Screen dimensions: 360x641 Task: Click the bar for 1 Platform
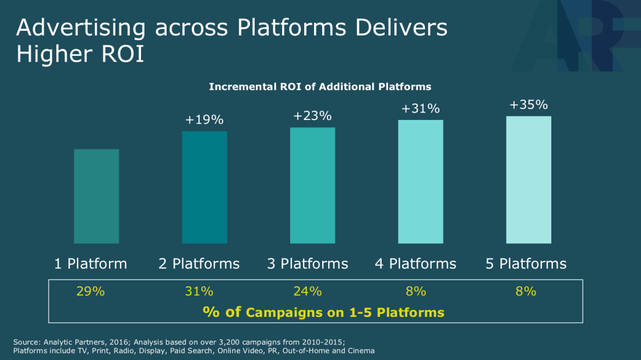[97, 196]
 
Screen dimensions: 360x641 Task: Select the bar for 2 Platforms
[205, 187]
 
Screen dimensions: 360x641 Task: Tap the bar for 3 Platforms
[312, 185]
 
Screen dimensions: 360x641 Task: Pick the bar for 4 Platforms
[421, 182]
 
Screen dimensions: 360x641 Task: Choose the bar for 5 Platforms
[529, 179]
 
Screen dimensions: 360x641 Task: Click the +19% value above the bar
[205, 120]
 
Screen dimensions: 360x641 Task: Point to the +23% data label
[312, 116]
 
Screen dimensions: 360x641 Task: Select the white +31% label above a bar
[421, 109]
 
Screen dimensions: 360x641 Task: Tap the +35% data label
[529, 105]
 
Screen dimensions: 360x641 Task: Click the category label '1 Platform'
[90, 264]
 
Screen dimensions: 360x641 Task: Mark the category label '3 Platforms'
[308, 264]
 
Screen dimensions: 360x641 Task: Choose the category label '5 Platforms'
[526, 264]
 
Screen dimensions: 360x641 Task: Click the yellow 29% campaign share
[90, 291]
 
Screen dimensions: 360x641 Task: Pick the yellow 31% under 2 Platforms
[199, 291]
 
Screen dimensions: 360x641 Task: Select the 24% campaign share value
[308, 291]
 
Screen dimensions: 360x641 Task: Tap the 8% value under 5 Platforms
[526, 291]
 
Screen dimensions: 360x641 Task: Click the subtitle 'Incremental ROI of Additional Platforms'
[320, 87]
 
